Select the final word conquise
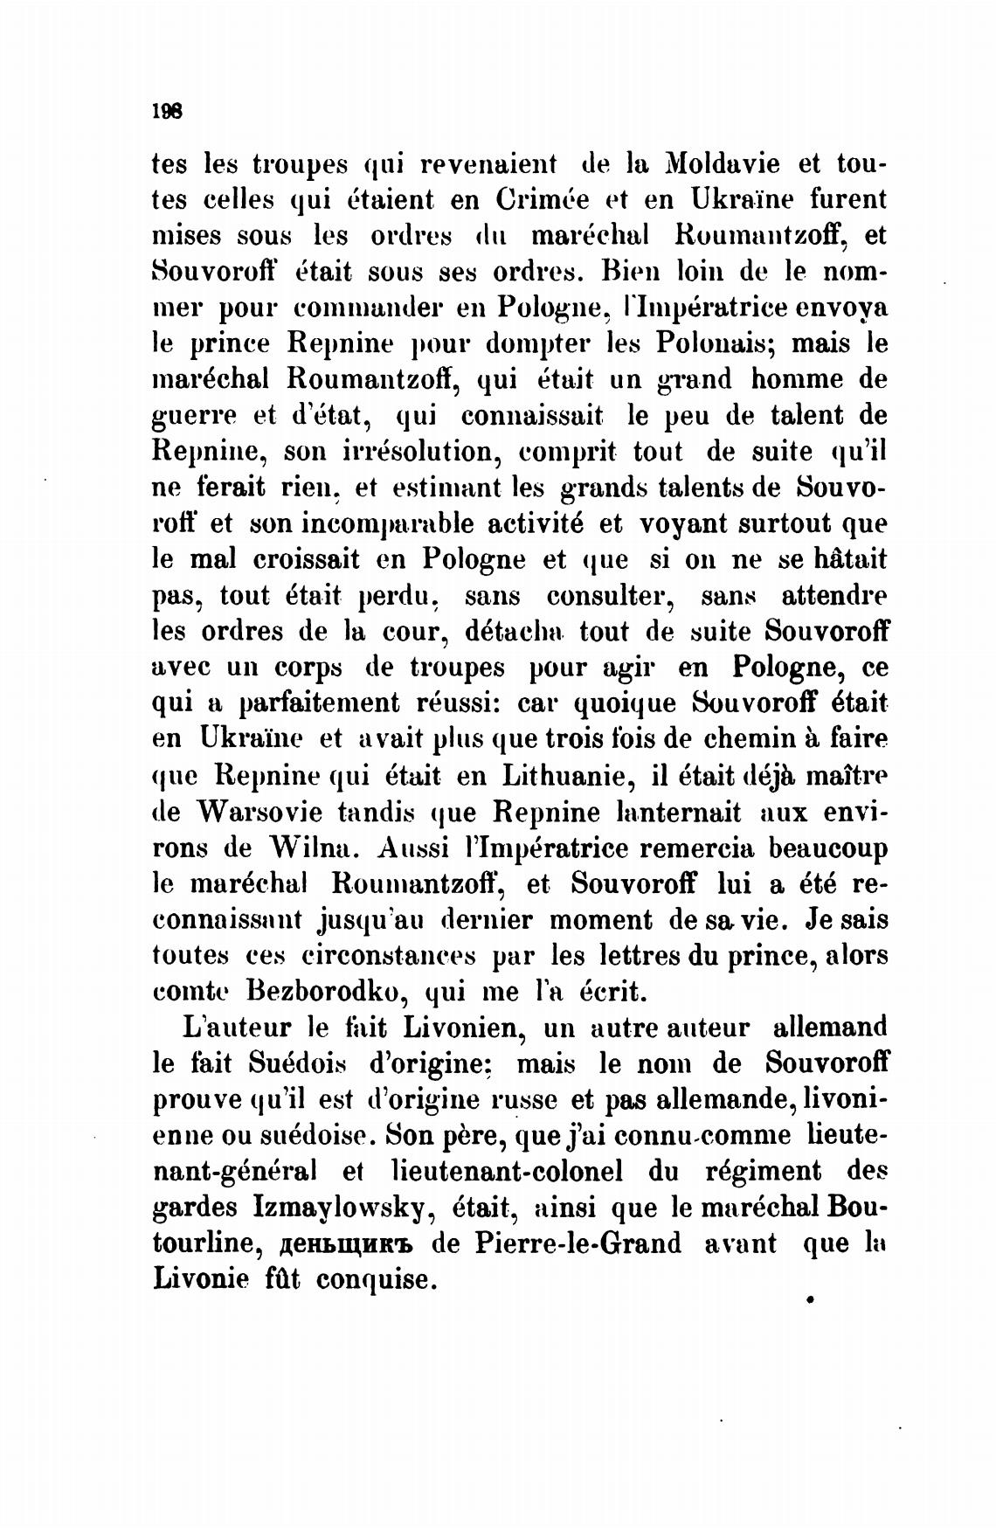point(376,1280)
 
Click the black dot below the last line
point(811,1300)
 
